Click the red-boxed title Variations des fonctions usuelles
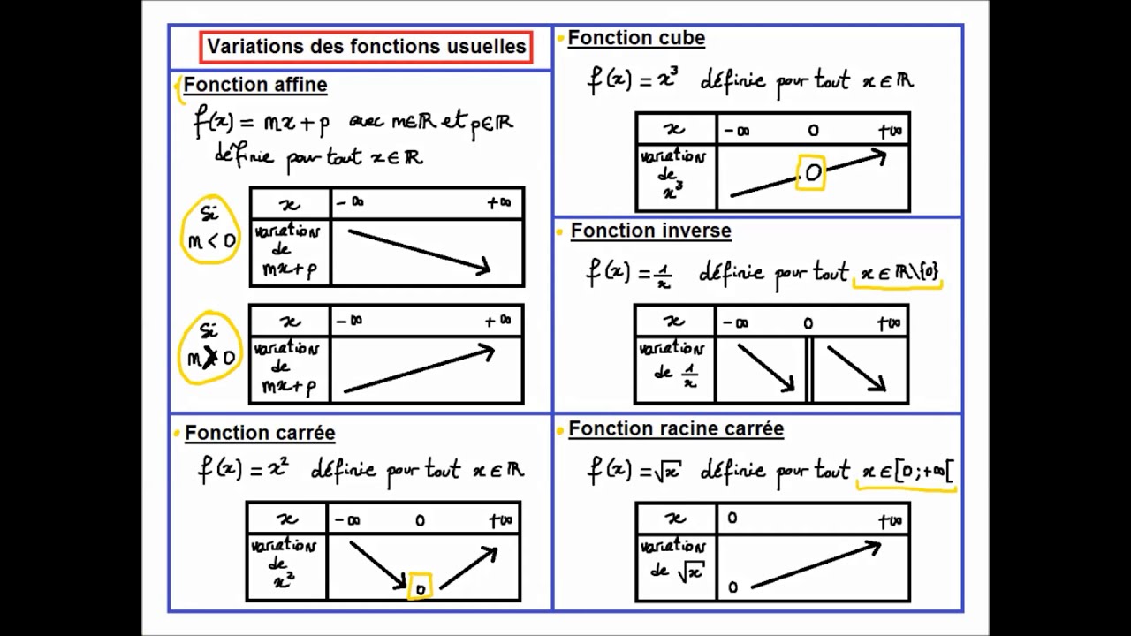tap(366, 47)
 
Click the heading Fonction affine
tap(255, 86)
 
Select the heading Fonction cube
tap(636, 38)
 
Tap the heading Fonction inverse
tap(650, 231)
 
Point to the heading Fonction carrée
tap(260, 434)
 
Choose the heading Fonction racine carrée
tap(676, 429)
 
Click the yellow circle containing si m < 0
tap(210, 230)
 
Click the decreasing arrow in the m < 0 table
tap(419, 251)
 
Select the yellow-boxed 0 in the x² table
tap(420, 587)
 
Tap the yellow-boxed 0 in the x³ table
tap(811, 173)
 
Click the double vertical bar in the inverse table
tap(808, 371)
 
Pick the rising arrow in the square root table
tap(815, 564)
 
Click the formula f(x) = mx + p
tap(262, 122)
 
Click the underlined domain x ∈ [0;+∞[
tap(905, 473)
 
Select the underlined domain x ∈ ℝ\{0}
tap(898, 275)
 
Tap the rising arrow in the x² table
tap(468, 567)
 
